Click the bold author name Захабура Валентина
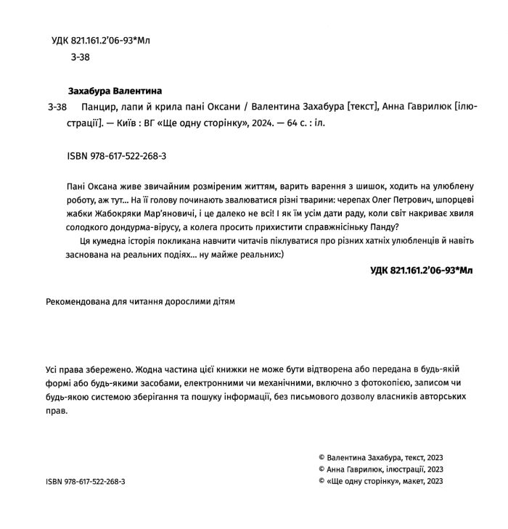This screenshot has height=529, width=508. [x=114, y=91]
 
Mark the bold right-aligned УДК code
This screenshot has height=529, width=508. [x=421, y=270]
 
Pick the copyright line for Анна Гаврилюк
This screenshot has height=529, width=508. [x=380, y=469]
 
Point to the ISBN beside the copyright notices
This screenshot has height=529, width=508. [x=85, y=481]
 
